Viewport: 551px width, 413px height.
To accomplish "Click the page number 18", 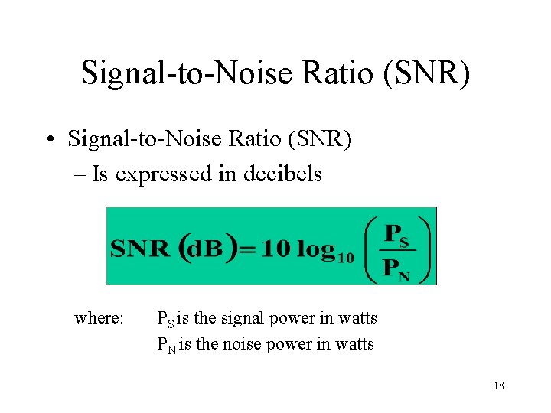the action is tap(499, 386).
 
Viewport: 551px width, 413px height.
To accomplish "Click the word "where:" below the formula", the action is tap(99, 317).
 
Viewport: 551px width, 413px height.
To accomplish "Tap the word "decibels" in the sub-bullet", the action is tap(282, 174).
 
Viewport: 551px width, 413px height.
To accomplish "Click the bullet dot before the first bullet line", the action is tap(48, 141).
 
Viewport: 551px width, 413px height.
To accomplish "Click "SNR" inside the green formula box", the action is tap(140, 249).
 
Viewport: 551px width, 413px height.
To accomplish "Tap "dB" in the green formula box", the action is tap(206, 249).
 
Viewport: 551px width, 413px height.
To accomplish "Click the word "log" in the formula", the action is tap(315, 249).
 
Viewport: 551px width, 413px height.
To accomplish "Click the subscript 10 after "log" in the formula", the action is tap(345, 258).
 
